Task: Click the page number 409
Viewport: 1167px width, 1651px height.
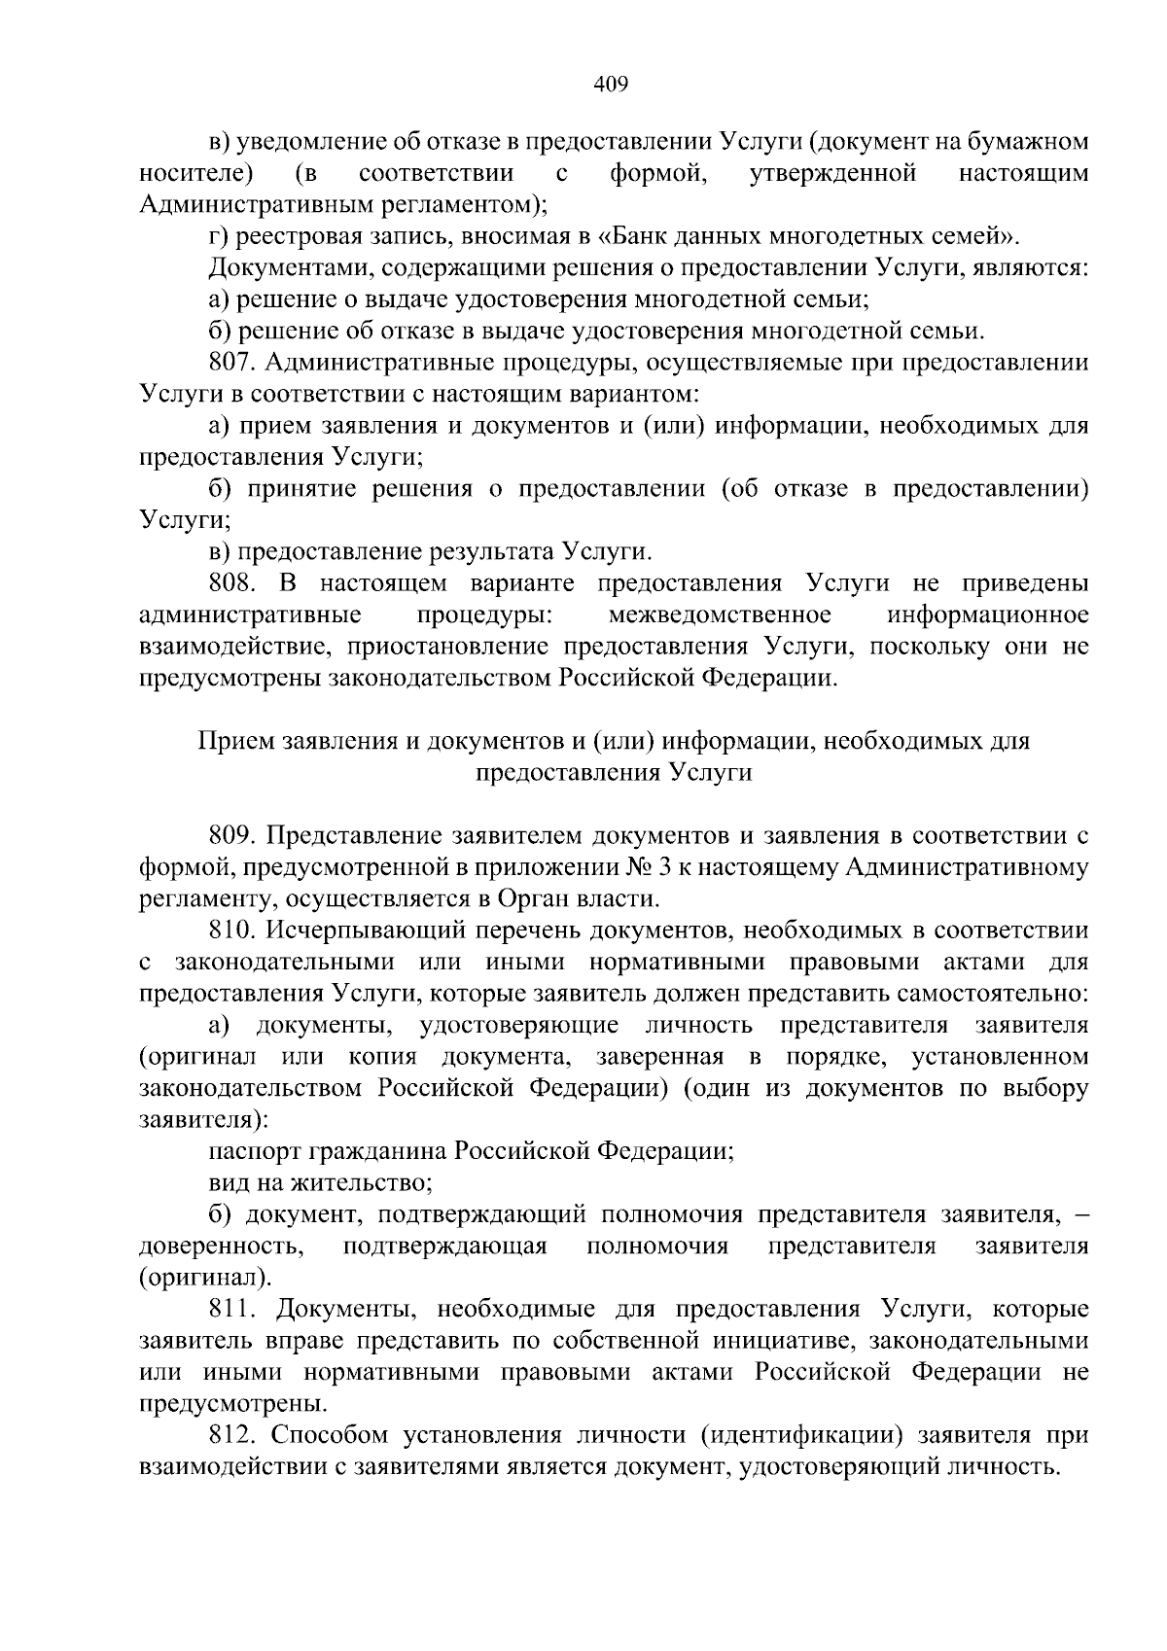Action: pos(611,85)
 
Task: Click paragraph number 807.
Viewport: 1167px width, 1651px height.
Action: pos(231,364)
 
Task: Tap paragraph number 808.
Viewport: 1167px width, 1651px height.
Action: pos(231,583)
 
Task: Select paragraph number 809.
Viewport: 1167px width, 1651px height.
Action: pos(231,835)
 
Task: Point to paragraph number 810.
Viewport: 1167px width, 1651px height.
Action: pos(231,931)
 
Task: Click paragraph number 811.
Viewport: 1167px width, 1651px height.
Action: pos(231,1310)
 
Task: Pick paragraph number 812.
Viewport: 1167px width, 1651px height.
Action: pos(231,1436)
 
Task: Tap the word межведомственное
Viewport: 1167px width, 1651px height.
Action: pos(719,615)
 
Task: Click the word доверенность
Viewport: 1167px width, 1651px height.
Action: pos(219,1247)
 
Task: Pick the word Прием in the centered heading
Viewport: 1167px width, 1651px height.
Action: pos(234,742)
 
